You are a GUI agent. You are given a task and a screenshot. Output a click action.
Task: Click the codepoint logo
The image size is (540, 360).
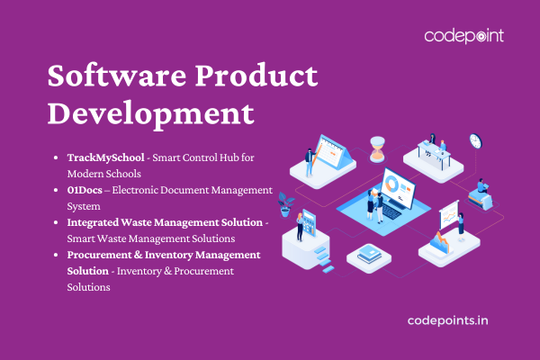point(463,36)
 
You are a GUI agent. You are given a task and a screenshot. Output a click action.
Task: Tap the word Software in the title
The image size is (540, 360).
point(117,75)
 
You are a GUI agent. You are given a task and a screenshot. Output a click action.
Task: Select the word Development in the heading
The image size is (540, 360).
point(151,113)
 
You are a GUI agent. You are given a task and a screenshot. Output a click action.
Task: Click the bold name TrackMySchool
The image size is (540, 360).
point(105,157)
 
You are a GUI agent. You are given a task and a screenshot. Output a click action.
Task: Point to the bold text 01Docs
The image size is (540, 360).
point(85,190)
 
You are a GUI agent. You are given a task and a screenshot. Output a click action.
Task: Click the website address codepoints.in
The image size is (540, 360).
point(447,320)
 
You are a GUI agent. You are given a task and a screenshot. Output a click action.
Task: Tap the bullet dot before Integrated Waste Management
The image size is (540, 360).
point(56,222)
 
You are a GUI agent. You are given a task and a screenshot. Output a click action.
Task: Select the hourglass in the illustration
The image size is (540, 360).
point(377,148)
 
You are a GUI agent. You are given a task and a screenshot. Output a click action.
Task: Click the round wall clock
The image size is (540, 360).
point(475,141)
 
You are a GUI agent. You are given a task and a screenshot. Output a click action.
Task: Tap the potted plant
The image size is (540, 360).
point(285,204)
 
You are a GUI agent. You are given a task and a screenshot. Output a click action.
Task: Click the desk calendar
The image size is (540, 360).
point(333,152)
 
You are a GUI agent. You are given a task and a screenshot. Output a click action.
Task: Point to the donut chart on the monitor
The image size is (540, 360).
point(391,184)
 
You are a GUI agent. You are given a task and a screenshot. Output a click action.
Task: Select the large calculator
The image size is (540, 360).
point(309,223)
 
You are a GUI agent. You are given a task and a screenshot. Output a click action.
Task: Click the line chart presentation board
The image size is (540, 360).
point(449,215)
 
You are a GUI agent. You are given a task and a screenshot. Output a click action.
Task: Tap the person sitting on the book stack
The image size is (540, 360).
point(481,186)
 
